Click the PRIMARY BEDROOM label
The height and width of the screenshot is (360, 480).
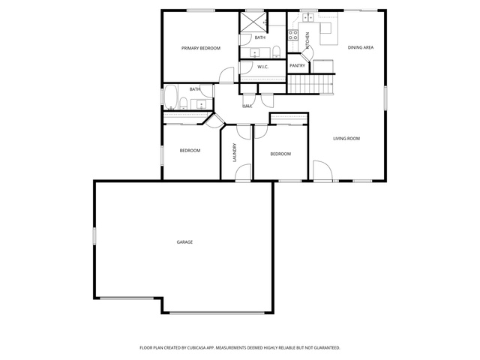coord(201,48)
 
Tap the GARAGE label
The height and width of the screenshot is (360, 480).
coord(184,242)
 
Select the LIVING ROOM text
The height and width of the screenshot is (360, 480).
coord(346,139)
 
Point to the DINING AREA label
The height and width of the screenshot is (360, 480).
coord(361,47)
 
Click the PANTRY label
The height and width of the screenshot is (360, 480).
coord(297,65)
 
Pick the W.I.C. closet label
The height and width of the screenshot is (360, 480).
coord(263,67)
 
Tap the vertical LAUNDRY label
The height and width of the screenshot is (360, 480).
coord(235,152)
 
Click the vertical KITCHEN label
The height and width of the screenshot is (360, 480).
coord(307,40)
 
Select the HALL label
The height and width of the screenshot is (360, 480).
coord(247,106)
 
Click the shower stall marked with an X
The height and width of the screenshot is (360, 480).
coord(253,22)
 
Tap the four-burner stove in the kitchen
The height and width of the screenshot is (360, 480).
coord(293,35)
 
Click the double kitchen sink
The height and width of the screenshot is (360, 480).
coord(308,18)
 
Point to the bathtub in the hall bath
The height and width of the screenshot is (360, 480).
coord(170,97)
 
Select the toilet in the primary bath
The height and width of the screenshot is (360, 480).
coord(277,52)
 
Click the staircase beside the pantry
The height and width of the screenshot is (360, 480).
coord(310,84)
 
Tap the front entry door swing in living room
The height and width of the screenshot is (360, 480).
coord(322,170)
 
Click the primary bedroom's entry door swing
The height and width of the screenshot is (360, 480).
coord(226,75)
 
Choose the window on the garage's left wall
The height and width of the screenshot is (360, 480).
coord(94,236)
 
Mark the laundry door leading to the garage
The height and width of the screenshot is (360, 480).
coord(243,172)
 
